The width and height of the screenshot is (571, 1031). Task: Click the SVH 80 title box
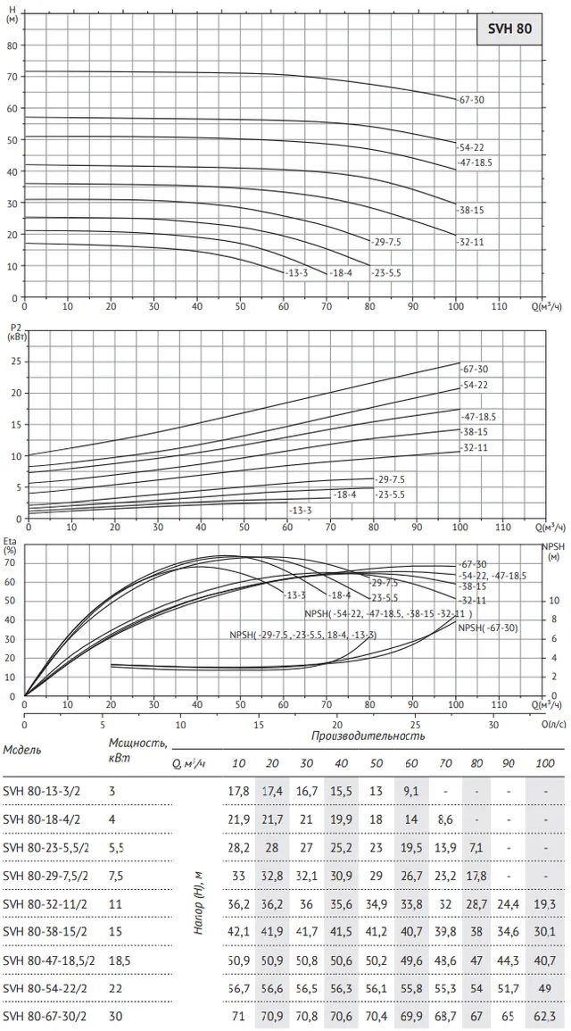(x=509, y=29)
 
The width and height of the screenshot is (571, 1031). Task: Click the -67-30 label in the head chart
(x=470, y=100)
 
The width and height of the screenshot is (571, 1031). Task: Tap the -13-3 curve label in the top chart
(x=295, y=272)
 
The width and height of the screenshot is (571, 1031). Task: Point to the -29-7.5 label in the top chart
(x=385, y=242)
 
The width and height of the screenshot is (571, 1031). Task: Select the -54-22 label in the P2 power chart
(x=475, y=385)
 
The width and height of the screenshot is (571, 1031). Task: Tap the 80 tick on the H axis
(x=12, y=46)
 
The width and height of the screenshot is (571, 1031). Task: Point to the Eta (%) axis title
(x=10, y=545)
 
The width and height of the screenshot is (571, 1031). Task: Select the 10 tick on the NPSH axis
(x=554, y=601)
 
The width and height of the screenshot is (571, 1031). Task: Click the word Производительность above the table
(x=368, y=736)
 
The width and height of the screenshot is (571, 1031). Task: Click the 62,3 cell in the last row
(x=545, y=1017)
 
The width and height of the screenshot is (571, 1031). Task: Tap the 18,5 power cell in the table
(x=120, y=960)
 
